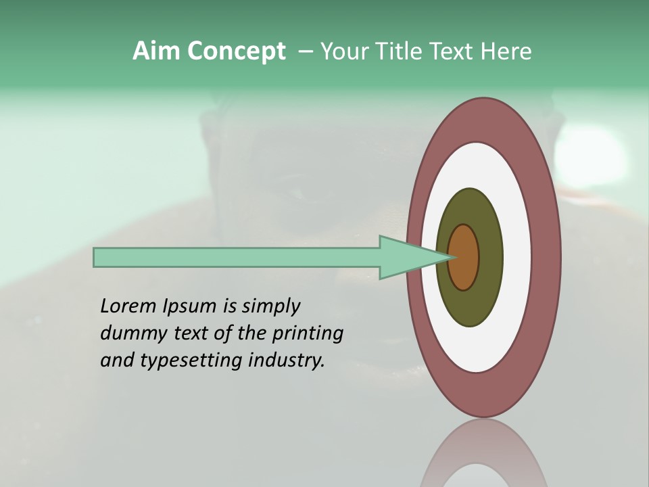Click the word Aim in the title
click(x=157, y=51)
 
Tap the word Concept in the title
click(x=237, y=52)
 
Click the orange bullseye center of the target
click(x=464, y=258)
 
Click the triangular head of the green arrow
click(x=406, y=258)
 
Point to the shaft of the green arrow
click(x=237, y=258)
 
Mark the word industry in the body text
click(x=287, y=361)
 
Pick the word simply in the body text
click(x=270, y=306)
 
